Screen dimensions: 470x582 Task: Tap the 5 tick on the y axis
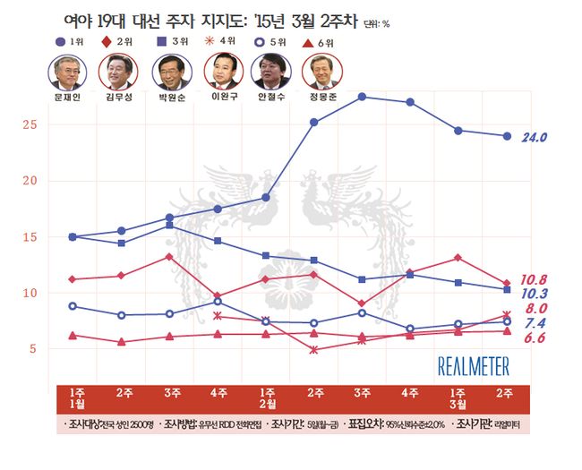click(x=31, y=348)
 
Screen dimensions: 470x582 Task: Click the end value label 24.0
click(x=535, y=137)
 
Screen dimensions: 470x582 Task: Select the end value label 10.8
click(x=535, y=278)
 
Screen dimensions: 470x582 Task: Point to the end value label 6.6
click(x=535, y=338)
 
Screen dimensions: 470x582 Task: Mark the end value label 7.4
click(x=535, y=322)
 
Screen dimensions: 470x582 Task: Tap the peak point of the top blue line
click(x=362, y=96)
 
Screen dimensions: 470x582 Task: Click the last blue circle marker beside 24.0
click(x=507, y=136)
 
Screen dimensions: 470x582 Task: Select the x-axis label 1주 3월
click(x=458, y=399)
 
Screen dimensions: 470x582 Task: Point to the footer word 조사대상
click(x=88, y=422)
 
